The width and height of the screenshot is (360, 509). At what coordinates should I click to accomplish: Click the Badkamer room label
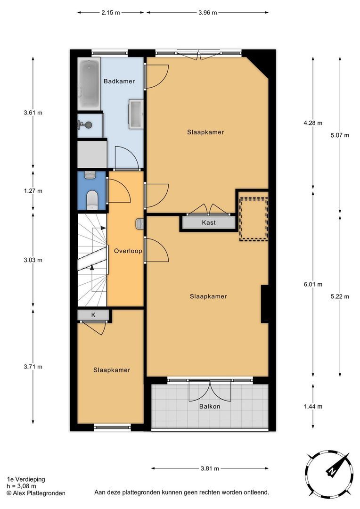[119, 81]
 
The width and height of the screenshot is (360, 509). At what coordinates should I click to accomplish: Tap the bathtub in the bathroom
[89, 84]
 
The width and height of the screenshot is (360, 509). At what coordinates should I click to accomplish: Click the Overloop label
[128, 251]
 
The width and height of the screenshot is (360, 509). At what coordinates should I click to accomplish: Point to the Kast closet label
[209, 222]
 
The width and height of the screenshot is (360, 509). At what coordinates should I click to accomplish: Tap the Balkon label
[210, 406]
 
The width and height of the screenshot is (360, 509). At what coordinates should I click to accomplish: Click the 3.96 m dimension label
[208, 13]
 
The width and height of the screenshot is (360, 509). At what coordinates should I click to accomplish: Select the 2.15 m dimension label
[111, 13]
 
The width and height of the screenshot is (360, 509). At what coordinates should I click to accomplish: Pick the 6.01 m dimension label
[313, 284]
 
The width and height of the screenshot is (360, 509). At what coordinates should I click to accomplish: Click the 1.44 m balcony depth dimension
[313, 406]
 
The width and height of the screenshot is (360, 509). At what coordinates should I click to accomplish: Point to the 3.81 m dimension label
[210, 468]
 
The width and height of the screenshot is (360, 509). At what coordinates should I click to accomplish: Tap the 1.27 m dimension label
[33, 191]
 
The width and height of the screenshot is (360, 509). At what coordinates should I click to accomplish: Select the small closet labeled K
[93, 314]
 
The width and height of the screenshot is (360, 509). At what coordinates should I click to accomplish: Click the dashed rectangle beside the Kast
[254, 219]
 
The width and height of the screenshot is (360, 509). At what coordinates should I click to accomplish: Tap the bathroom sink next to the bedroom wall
[136, 114]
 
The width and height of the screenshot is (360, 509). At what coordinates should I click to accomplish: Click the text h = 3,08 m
[21, 486]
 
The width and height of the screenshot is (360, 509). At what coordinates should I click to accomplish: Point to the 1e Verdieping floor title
[26, 479]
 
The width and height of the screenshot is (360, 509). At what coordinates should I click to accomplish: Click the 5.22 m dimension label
[340, 296]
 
